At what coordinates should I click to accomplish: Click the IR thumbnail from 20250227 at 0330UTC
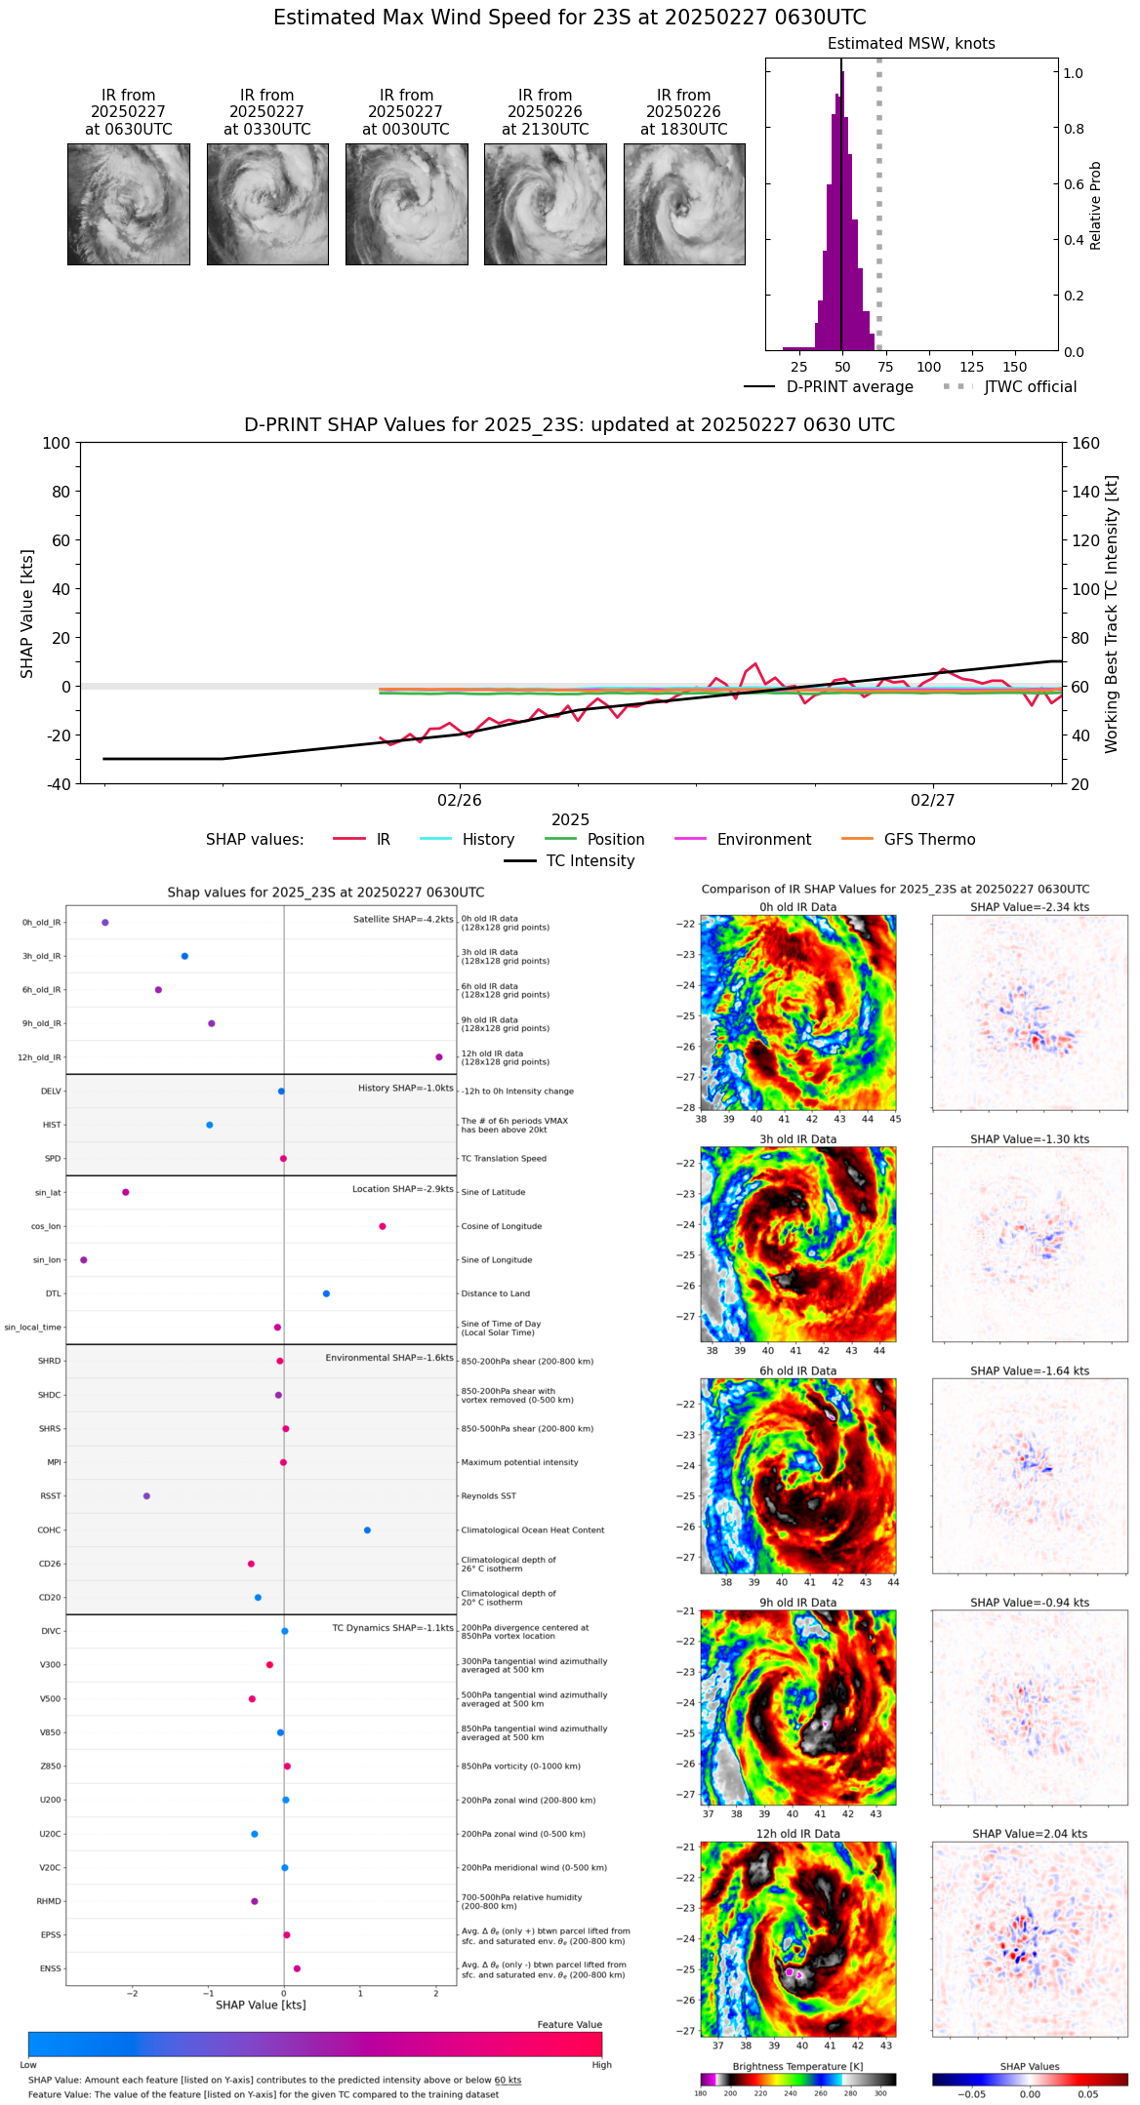[x=267, y=204]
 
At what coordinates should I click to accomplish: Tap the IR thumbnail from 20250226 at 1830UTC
[x=684, y=204]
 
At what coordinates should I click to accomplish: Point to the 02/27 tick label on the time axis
[x=932, y=801]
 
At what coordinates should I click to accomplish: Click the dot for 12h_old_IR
[x=439, y=1057]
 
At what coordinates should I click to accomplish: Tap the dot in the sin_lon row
[x=84, y=1260]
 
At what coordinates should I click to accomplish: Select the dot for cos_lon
[x=383, y=1226]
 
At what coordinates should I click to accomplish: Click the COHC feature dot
[x=368, y=1530]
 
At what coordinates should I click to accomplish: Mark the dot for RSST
[x=146, y=1496]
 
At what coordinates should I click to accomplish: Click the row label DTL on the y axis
[x=53, y=1294]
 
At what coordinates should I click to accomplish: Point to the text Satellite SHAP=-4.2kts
[x=403, y=919]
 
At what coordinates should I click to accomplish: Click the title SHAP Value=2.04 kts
[x=1030, y=1834]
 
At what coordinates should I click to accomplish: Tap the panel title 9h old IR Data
[x=797, y=1603]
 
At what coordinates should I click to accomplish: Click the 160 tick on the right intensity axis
[x=1085, y=444]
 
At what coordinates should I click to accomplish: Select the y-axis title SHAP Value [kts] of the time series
[x=27, y=614]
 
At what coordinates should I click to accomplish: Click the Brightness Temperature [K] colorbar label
[x=797, y=2066]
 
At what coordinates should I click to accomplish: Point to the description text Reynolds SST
[x=488, y=1496]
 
